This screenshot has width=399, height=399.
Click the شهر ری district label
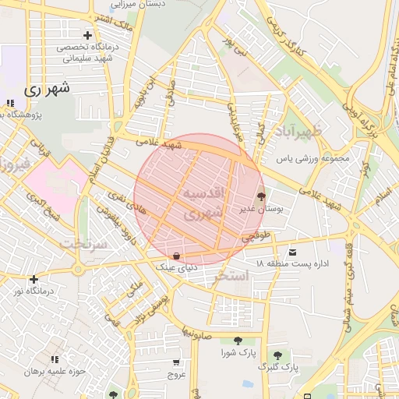click(x=47, y=88)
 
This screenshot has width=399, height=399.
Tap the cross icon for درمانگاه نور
click(x=34, y=279)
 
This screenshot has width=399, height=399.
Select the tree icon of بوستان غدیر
click(x=260, y=197)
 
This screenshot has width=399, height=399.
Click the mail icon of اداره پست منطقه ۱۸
click(x=292, y=252)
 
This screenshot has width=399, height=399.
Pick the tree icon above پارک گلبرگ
click(x=276, y=355)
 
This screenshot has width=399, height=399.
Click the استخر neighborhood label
click(x=231, y=276)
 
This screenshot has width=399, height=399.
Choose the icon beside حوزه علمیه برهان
click(x=55, y=359)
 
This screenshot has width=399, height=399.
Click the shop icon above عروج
click(x=176, y=362)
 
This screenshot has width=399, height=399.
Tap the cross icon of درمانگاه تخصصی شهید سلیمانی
click(x=87, y=36)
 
